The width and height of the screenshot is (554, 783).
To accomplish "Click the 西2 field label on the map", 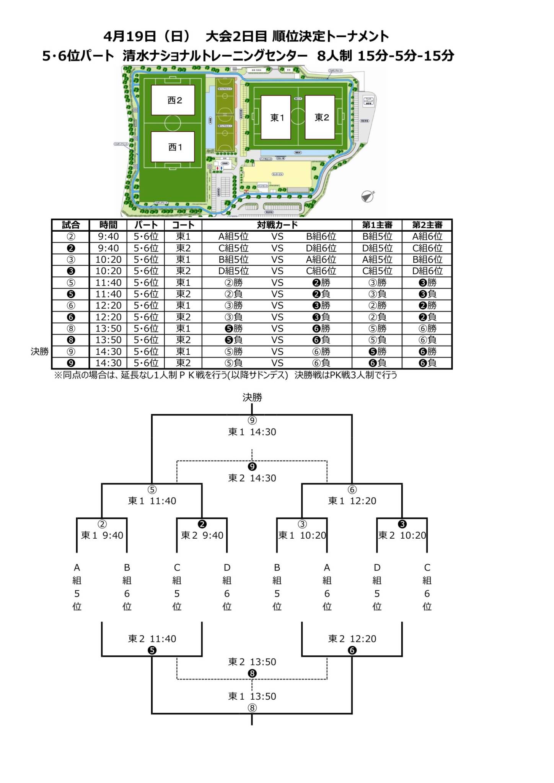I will (x=174, y=101).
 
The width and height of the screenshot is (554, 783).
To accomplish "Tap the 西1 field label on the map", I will (x=175, y=147).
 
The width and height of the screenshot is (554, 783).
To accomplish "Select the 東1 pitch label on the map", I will (x=277, y=118).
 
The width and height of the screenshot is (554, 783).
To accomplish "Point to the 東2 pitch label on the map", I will (x=322, y=117).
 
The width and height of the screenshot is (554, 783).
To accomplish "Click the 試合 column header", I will (x=70, y=225).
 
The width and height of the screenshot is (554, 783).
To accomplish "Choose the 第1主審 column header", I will (x=377, y=225).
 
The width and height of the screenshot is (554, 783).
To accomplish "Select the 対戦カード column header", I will (x=277, y=225).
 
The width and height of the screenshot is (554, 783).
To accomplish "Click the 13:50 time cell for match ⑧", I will (x=108, y=328).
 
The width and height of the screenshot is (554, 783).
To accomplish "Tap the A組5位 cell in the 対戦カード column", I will (x=233, y=237).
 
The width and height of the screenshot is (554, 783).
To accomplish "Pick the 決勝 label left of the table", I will (x=40, y=351).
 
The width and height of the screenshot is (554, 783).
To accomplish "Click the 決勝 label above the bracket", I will (x=252, y=398).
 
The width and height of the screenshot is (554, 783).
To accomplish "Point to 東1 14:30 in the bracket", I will (x=252, y=432).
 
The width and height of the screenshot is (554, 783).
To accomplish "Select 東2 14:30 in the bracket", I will (x=252, y=478).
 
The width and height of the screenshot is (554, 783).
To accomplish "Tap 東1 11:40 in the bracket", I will (x=152, y=501).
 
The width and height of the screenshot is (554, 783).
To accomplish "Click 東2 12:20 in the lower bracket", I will (x=352, y=639).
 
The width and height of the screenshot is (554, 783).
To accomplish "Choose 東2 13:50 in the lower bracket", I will (x=252, y=662).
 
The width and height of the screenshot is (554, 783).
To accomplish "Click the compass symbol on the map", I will (x=368, y=196).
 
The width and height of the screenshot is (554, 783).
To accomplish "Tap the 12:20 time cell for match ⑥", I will (x=108, y=305).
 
